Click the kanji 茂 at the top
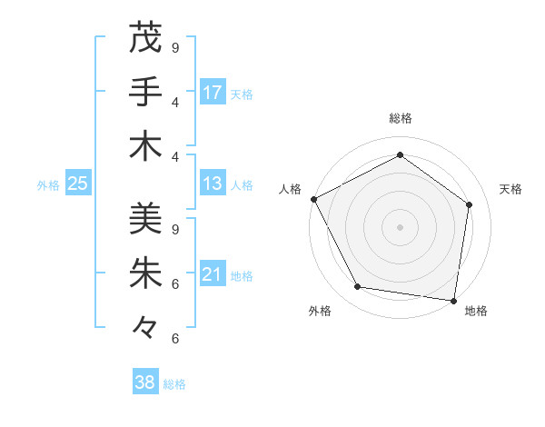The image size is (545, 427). (145, 38)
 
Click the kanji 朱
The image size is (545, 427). (145, 273)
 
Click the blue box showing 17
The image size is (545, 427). (213, 93)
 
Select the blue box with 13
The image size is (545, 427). (213, 184)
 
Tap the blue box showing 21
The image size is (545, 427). (213, 274)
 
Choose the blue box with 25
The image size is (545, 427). (77, 184)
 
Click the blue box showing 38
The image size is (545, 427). (145, 382)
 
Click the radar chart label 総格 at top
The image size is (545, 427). (400, 119)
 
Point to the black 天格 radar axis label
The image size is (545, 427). (510, 189)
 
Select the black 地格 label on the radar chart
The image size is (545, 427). (476, 311)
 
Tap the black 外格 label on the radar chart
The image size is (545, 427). (320, 311)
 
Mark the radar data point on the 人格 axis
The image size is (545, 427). (313, 199)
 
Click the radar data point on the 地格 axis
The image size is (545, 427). (453, 300)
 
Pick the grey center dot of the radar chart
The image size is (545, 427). (400, 226)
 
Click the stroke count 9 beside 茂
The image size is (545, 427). (175, 47)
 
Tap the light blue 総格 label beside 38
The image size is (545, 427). (174, 384)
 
